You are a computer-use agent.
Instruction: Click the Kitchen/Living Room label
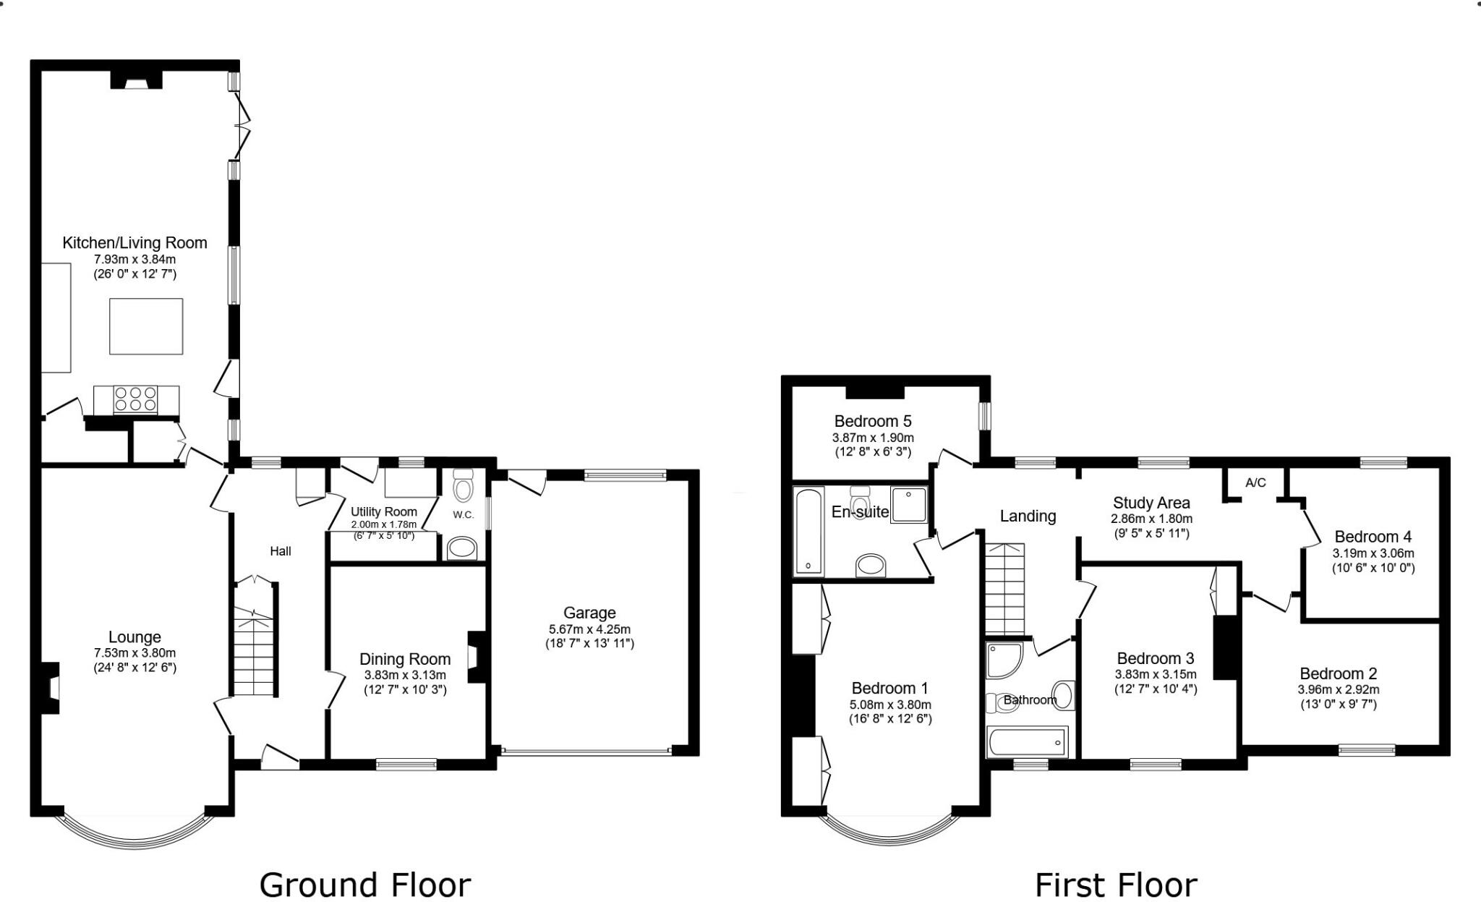(x=135, y=243)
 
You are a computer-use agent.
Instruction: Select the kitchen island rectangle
(x=146, y=326)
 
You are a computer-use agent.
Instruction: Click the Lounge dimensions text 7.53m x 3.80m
(x=135, y=652)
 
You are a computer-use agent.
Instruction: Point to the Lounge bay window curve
(x=135, y=839)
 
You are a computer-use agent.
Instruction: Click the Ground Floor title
(x=364, y=885)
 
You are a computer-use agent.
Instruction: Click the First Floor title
(x=1116, y=885)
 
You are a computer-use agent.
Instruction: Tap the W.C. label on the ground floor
(x=463, y=515)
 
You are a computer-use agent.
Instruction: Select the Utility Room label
(x=383, y=512)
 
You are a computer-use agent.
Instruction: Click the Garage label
(x=589, y=613)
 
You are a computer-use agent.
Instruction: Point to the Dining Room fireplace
(x=477, y=657)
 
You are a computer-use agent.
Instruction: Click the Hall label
(x=281, y=551)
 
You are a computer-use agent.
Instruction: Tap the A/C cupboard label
(x=1255, y=482)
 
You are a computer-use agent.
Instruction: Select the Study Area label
(x=1151, y=503)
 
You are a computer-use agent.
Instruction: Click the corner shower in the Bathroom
(x=1004, y=660)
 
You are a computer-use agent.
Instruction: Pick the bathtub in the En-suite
(x=808, y=531)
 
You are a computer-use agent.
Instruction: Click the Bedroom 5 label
(x=872, y=421)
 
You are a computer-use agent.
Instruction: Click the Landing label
(x=1028, y=516)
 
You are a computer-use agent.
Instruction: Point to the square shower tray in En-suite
(x=908, y=505)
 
